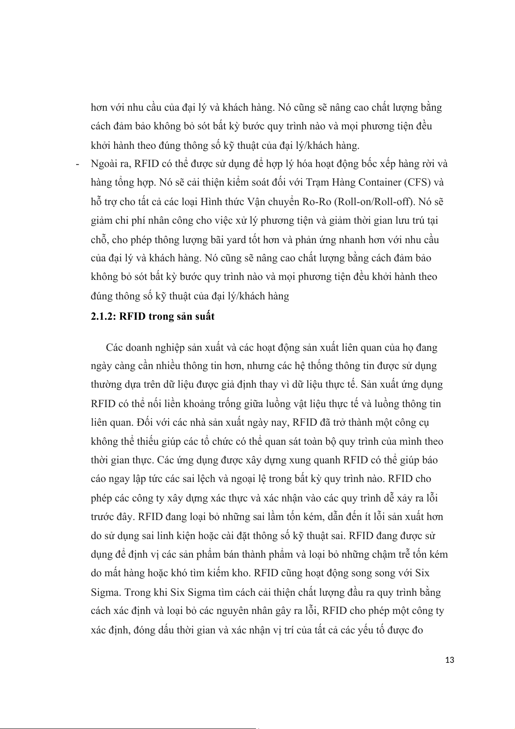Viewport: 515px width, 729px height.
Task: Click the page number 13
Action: (449, 660)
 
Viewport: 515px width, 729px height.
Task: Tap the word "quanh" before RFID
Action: (325, 460)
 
